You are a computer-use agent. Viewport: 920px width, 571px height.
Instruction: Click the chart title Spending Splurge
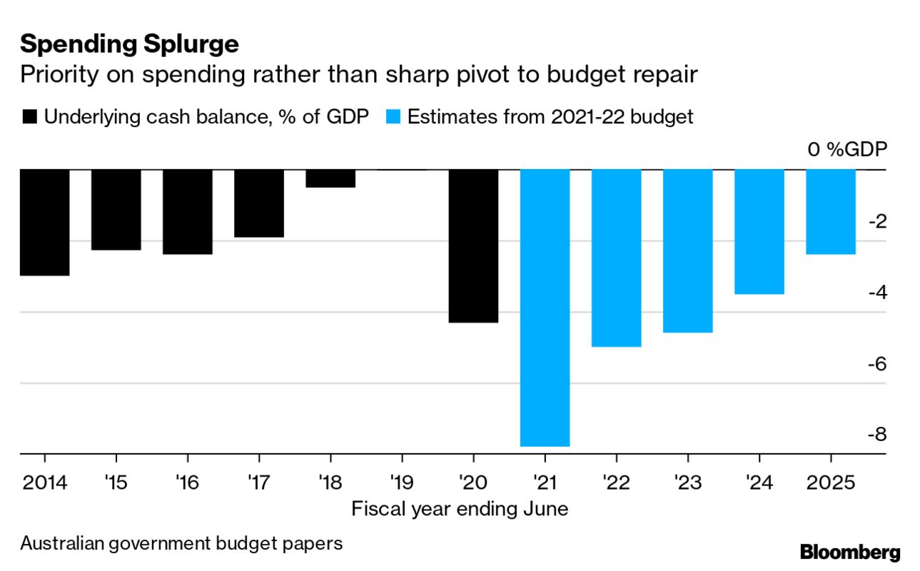129,44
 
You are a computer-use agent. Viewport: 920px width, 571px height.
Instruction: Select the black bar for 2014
45,222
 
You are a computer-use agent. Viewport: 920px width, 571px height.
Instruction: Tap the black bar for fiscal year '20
473,246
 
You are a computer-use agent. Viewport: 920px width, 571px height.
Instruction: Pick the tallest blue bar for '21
545,307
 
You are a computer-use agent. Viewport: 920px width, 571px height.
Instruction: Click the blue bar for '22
616,258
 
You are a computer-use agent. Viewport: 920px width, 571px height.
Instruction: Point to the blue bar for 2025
830,211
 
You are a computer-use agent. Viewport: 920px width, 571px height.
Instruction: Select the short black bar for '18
330,178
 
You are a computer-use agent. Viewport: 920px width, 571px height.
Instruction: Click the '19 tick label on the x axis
402,483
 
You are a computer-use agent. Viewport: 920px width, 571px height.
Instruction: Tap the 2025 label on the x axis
830,483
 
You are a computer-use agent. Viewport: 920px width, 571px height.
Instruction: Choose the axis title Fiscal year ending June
460,509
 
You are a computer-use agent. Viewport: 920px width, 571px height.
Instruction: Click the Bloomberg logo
850,552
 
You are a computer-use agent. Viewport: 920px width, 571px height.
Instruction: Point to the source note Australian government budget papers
181,543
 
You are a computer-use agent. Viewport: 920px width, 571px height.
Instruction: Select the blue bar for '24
759,231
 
